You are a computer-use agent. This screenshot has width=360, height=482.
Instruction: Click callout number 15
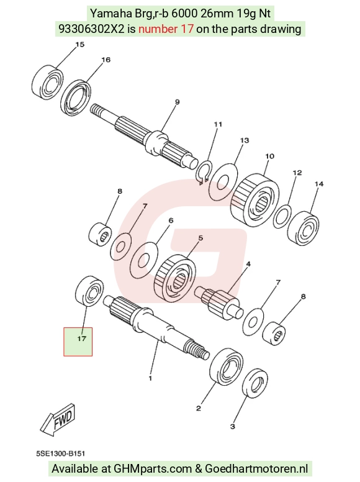tap(79, 45)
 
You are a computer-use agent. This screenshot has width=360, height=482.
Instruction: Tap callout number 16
tap(106, 60)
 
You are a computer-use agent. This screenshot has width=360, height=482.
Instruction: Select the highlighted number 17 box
tap(78, 342)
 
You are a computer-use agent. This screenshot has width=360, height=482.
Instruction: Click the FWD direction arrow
tap(58, 420)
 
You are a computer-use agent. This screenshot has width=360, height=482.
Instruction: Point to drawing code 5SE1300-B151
tap(60, 453)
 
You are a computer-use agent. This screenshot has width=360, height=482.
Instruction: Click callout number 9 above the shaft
tap(178, 102)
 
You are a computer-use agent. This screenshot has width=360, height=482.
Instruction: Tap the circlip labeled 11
tap(203, 173)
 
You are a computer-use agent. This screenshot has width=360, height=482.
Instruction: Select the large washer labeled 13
tap(223, 181)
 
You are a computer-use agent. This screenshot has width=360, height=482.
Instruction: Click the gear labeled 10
tap(255, 200)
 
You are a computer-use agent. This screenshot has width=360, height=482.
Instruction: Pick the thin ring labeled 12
tap(282, 217)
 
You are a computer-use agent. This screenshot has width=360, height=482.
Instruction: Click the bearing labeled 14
tap(304, 228)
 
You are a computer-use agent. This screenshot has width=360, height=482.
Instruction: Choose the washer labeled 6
tap(144, 260)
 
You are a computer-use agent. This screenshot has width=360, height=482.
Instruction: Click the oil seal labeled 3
tap(255, 384)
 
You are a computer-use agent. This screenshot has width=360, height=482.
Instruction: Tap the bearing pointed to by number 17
tap(89, 291)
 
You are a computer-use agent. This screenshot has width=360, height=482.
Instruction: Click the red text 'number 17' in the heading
tap(166, 29)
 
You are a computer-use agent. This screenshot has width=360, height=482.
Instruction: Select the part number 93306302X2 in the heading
tap(91, 29)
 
